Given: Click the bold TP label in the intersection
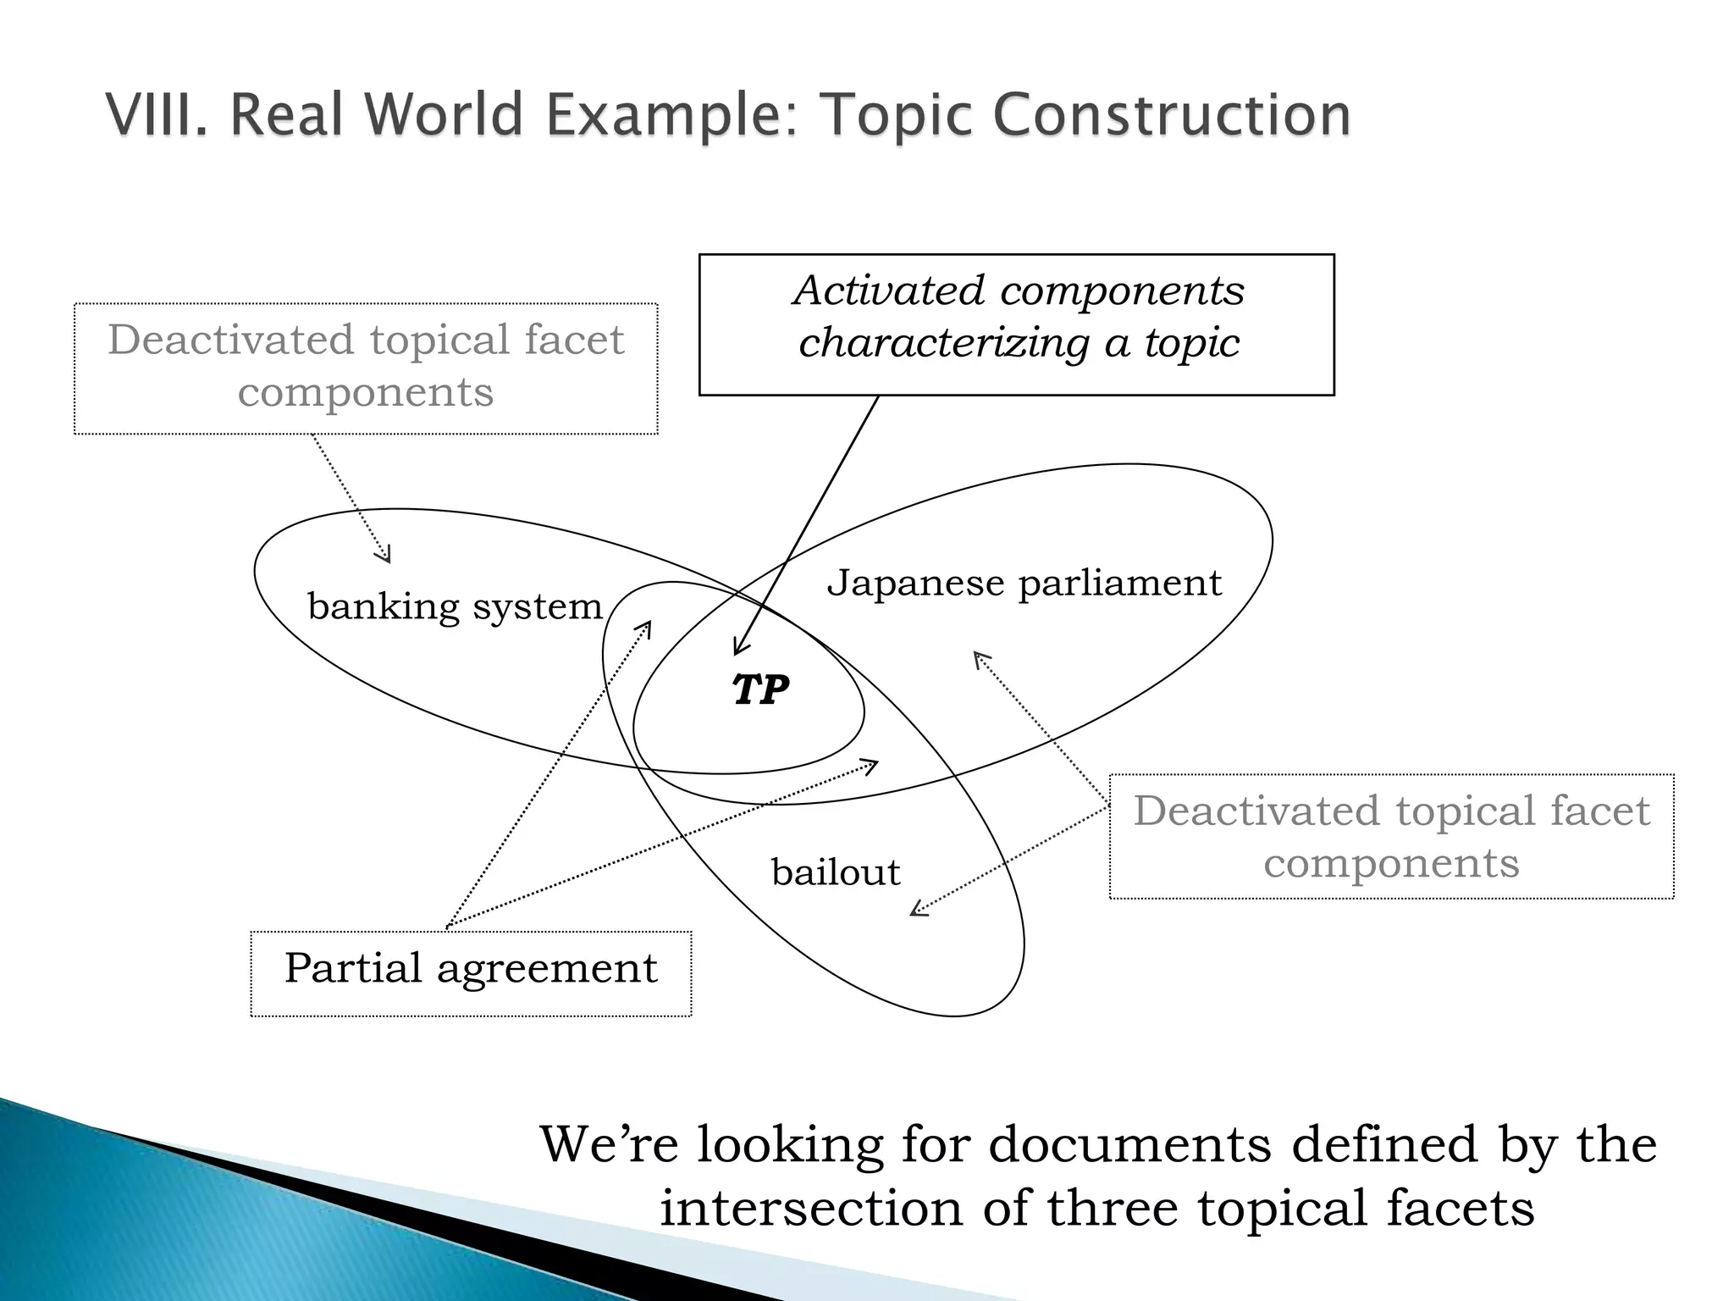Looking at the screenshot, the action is click(760, 690).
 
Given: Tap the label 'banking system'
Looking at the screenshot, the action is click(455, 606).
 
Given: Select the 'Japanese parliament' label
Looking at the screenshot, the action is click(1024, 584).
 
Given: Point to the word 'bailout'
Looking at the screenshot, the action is click(836, 872).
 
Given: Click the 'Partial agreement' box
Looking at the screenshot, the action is click(471, 973).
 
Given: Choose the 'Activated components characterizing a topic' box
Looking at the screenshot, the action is click(1016, 324).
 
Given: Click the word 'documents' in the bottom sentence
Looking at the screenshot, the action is click(1129, 1144).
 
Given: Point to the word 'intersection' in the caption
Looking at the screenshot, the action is click(810, 1208).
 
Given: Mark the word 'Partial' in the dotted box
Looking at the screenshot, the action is click(352, 968).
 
